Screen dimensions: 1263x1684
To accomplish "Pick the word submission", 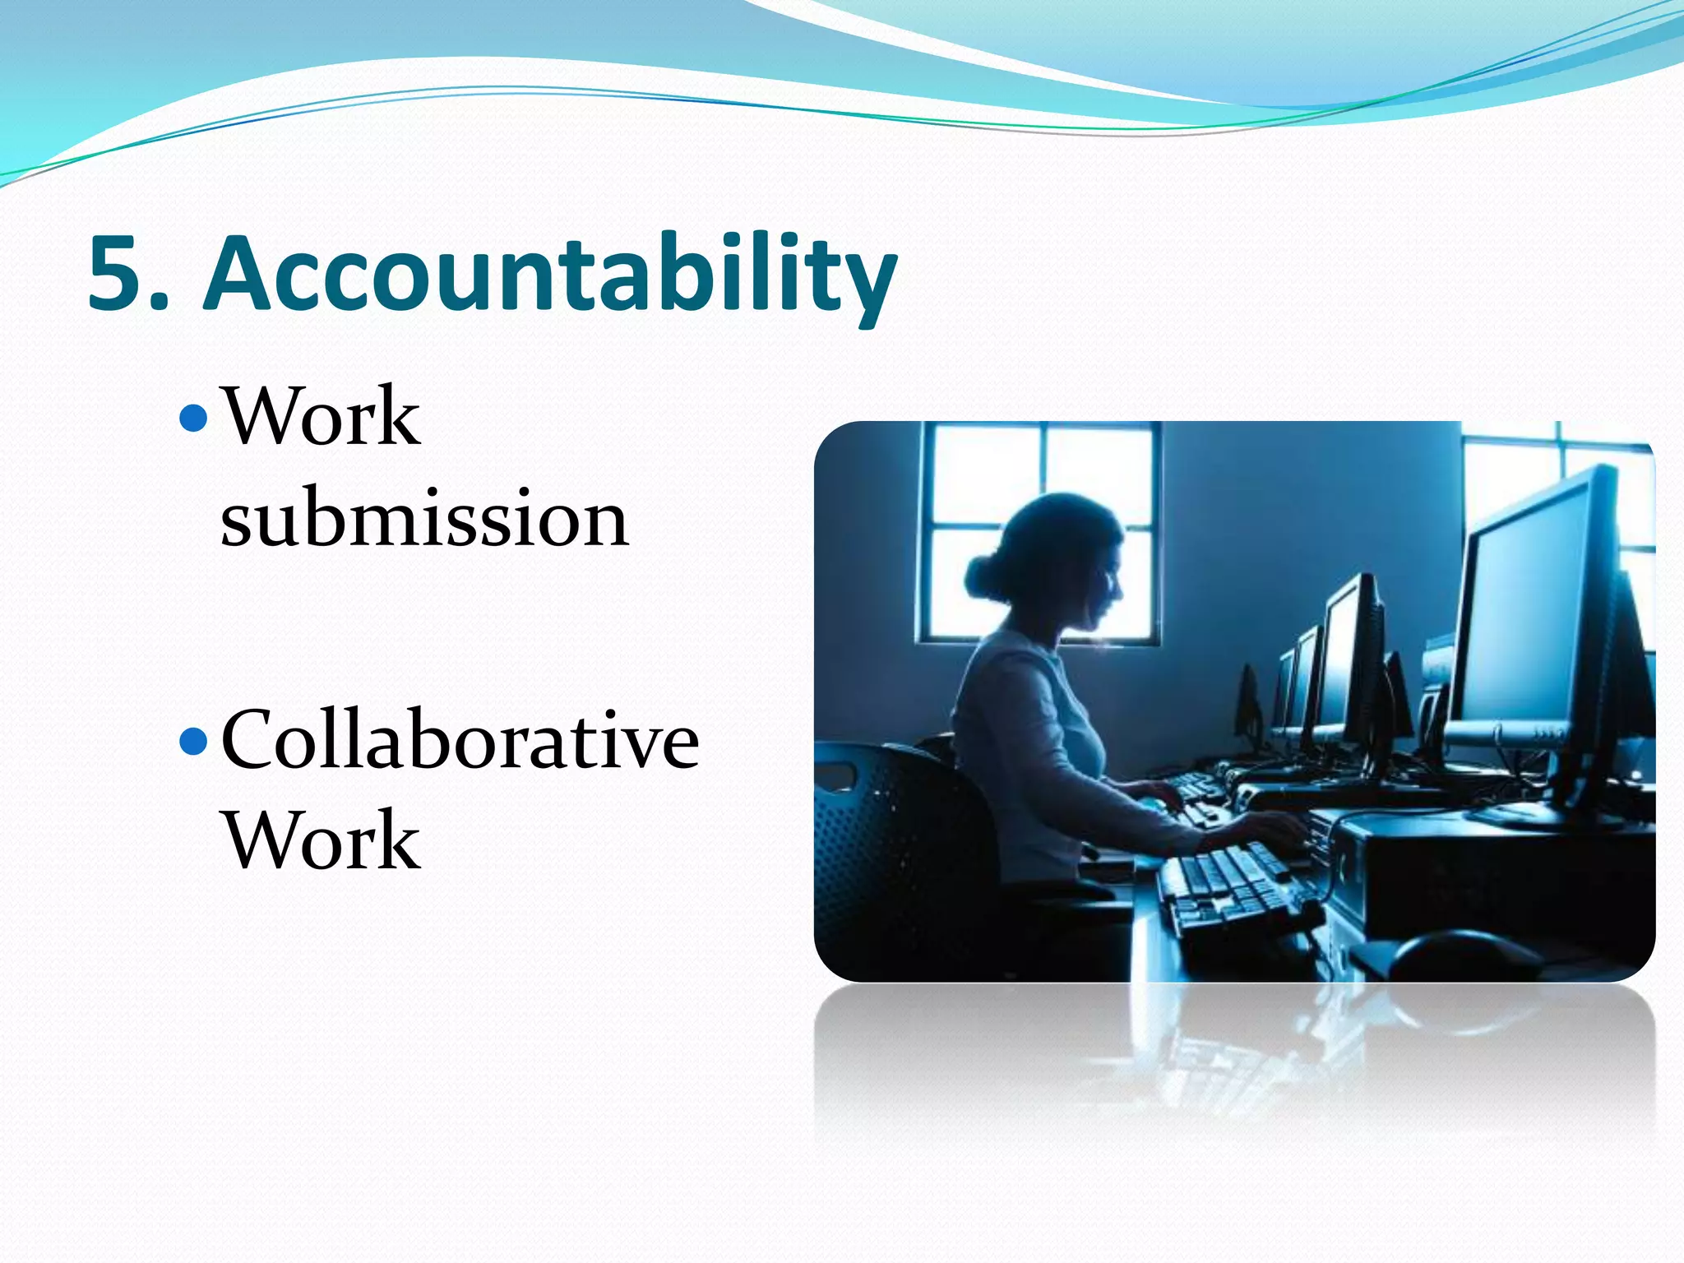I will point(424,518).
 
